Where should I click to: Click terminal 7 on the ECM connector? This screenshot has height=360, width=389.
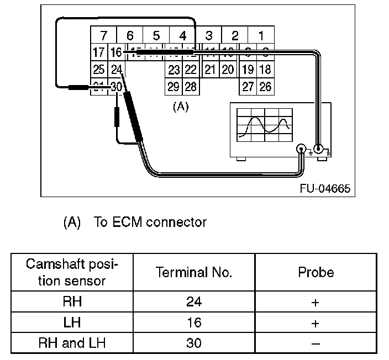[103, 36]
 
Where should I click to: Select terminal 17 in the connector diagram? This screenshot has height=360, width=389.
[99, 53]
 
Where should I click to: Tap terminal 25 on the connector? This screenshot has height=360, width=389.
[99, 70]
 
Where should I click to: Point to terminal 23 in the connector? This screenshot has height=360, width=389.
[174, 70]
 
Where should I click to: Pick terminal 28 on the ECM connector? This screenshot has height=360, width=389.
[191, 87]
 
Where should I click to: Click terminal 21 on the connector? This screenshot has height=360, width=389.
[210, 70]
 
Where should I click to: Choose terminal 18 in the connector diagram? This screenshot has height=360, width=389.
[265, 70]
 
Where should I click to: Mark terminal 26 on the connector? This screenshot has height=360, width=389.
[265, 87]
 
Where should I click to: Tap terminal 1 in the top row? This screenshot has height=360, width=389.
[261, 36]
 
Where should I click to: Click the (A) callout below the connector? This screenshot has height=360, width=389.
[181, 107]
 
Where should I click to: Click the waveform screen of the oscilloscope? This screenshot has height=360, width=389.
[264, 123]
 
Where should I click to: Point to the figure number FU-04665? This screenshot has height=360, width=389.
[325, 188]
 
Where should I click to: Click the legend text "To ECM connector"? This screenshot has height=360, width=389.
[150, 223]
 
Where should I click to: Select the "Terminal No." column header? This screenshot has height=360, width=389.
[194, 272]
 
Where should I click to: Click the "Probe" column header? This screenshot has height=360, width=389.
[316, 272]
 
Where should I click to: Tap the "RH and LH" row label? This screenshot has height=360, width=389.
[72, 343]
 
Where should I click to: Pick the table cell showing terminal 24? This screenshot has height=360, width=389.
[194, 302]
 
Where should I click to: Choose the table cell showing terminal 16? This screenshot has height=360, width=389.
[194, 322]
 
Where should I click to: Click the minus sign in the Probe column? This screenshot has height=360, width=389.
[316, 343]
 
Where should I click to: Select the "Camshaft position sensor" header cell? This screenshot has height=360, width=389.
[72, 272]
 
